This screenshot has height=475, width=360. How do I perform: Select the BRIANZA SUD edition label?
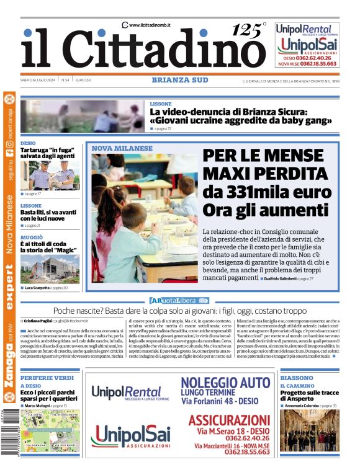coord(180,80)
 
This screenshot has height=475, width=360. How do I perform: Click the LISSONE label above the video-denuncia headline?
coord(160,104)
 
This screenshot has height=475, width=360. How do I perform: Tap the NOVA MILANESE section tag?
coord(122,148)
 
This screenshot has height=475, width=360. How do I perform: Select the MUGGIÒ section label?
coord(32,238)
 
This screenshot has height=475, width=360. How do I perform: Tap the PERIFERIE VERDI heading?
coord(47,378)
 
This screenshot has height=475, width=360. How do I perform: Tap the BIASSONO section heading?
coord(296,378)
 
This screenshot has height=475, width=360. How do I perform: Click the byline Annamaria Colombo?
coord(303,406)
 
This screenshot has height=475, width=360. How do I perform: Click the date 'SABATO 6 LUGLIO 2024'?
coord(38,80)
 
